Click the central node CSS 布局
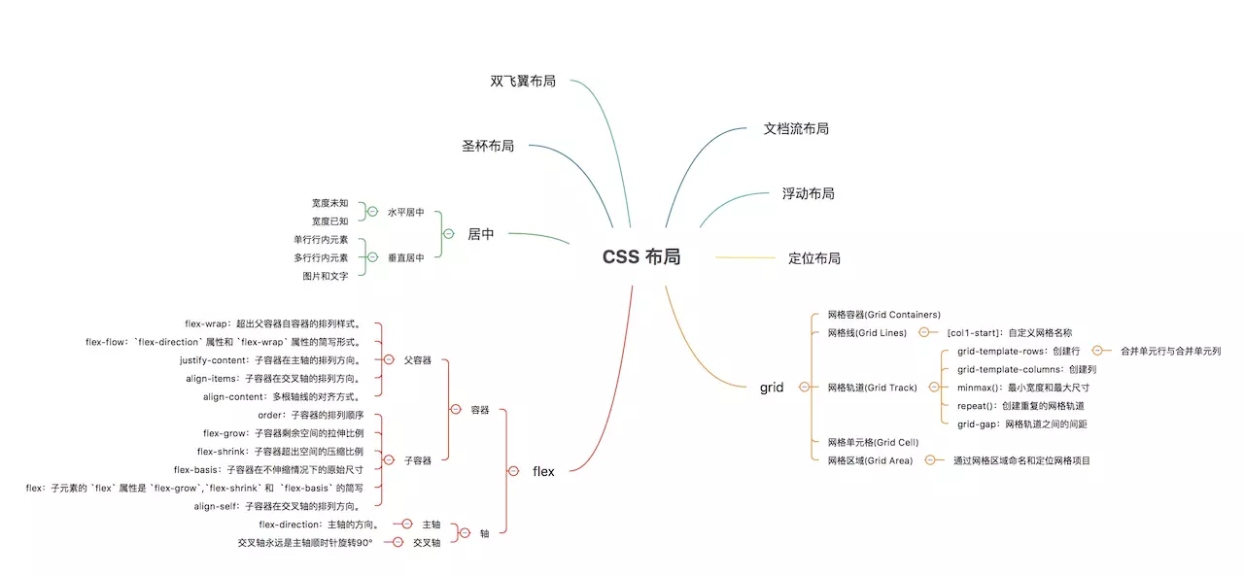[641, 257]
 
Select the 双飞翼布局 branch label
[523, 81]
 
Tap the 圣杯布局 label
[488, 146]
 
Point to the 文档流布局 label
[796, 129]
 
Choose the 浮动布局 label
[808, 193]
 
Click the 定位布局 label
[814, 258]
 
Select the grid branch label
[772, 388]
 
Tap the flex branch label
[543, 471]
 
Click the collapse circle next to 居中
[449, 234]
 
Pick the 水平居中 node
[406, 212]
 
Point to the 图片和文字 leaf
[326, 277]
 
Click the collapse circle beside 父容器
[389, 360]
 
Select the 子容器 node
[418, 460]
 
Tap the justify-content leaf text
[270, 360]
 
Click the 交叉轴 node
[427, 543]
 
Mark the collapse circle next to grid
[804, 388]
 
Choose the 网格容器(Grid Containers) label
[884, 315]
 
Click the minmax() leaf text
[1023, 388]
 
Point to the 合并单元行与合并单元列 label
[1171, 352]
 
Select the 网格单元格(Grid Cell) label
[873, 442]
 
